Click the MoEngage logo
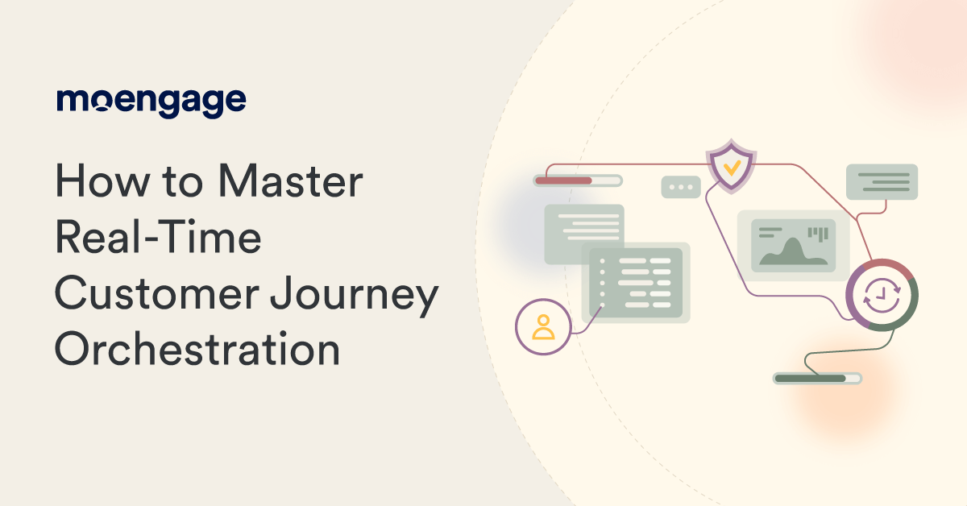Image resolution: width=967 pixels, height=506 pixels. [151, 102]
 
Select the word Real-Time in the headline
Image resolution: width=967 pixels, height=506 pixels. [158, 239]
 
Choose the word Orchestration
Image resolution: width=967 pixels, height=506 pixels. [197, 351]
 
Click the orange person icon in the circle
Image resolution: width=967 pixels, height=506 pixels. [544, 326]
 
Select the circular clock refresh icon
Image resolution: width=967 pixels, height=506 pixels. [882, 295]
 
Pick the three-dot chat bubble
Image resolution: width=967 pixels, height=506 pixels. [681, 187]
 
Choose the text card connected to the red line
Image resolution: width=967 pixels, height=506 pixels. [882, 182]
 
